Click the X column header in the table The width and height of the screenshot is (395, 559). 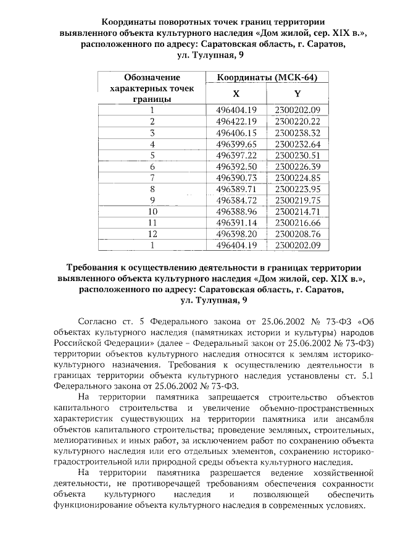tap(236, 94)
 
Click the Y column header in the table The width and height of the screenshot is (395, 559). tap(297, 94)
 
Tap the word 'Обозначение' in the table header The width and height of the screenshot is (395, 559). tap(152, 77)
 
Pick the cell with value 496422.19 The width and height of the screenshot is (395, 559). tap(236, 121)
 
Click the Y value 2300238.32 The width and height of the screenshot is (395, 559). tap(297, 133)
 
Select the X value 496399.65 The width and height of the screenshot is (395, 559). tap(236, 144)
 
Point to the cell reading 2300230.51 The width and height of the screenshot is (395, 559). tap(297, 155)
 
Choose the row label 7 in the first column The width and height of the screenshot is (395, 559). tap(152, 178)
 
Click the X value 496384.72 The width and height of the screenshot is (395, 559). tap(236, 200)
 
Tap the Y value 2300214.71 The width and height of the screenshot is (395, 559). tap(297, 211)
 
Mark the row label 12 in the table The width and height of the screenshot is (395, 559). tap(152, 234)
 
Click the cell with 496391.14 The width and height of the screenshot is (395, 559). tap(236, 222)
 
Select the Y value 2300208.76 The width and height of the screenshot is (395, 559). tap(297, 234)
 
